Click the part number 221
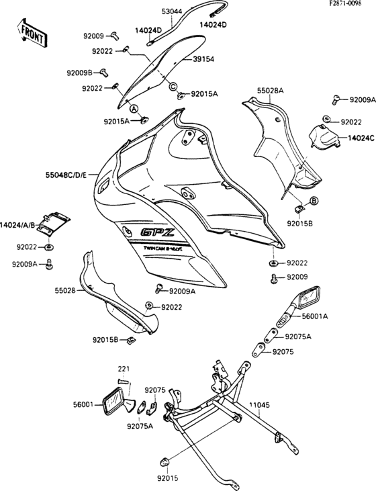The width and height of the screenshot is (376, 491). click(x=123, y=368)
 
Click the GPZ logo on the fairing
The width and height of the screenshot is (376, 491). click(x=156, y=234)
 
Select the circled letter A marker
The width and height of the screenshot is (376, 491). click(x=133, y=108)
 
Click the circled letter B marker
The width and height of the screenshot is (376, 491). click(x=314, y=201)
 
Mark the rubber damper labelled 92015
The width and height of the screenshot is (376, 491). click(x=163, y=461)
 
